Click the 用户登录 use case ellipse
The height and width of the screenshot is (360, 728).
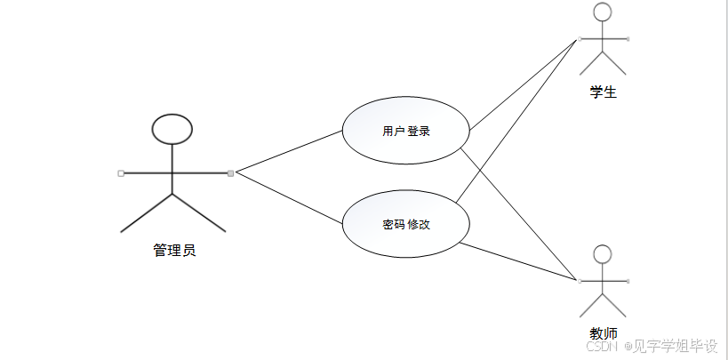tap(406, 132)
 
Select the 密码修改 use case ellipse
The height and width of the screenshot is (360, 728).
tap(406, 225)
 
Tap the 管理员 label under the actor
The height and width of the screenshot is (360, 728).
tap(173, 251)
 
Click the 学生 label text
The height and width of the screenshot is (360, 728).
tap(603, 92)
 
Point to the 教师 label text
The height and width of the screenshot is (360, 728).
tap(603, 333)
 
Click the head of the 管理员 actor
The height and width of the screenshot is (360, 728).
tap(172, 129)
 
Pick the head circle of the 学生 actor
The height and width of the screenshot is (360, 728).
tap(603, 12)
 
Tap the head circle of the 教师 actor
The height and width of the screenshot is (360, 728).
tap(603, 255)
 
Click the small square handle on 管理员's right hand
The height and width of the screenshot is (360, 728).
tap(230, 172)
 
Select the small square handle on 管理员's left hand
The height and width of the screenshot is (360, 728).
tap(121, 172)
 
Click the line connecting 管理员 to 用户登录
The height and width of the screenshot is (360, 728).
tap(289, 150)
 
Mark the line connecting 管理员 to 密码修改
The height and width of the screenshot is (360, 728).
tap(289, 194)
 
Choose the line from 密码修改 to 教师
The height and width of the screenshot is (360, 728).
tap(520, 262)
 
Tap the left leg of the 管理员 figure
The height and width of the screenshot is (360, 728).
tap(147, 213)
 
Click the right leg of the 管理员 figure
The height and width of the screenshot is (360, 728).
tap(199, 213)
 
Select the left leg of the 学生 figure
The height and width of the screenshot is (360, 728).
tap(591, 63)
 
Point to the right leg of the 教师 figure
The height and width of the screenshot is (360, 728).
tap(615, 306)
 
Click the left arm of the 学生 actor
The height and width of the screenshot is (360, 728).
tap(590, 38)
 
